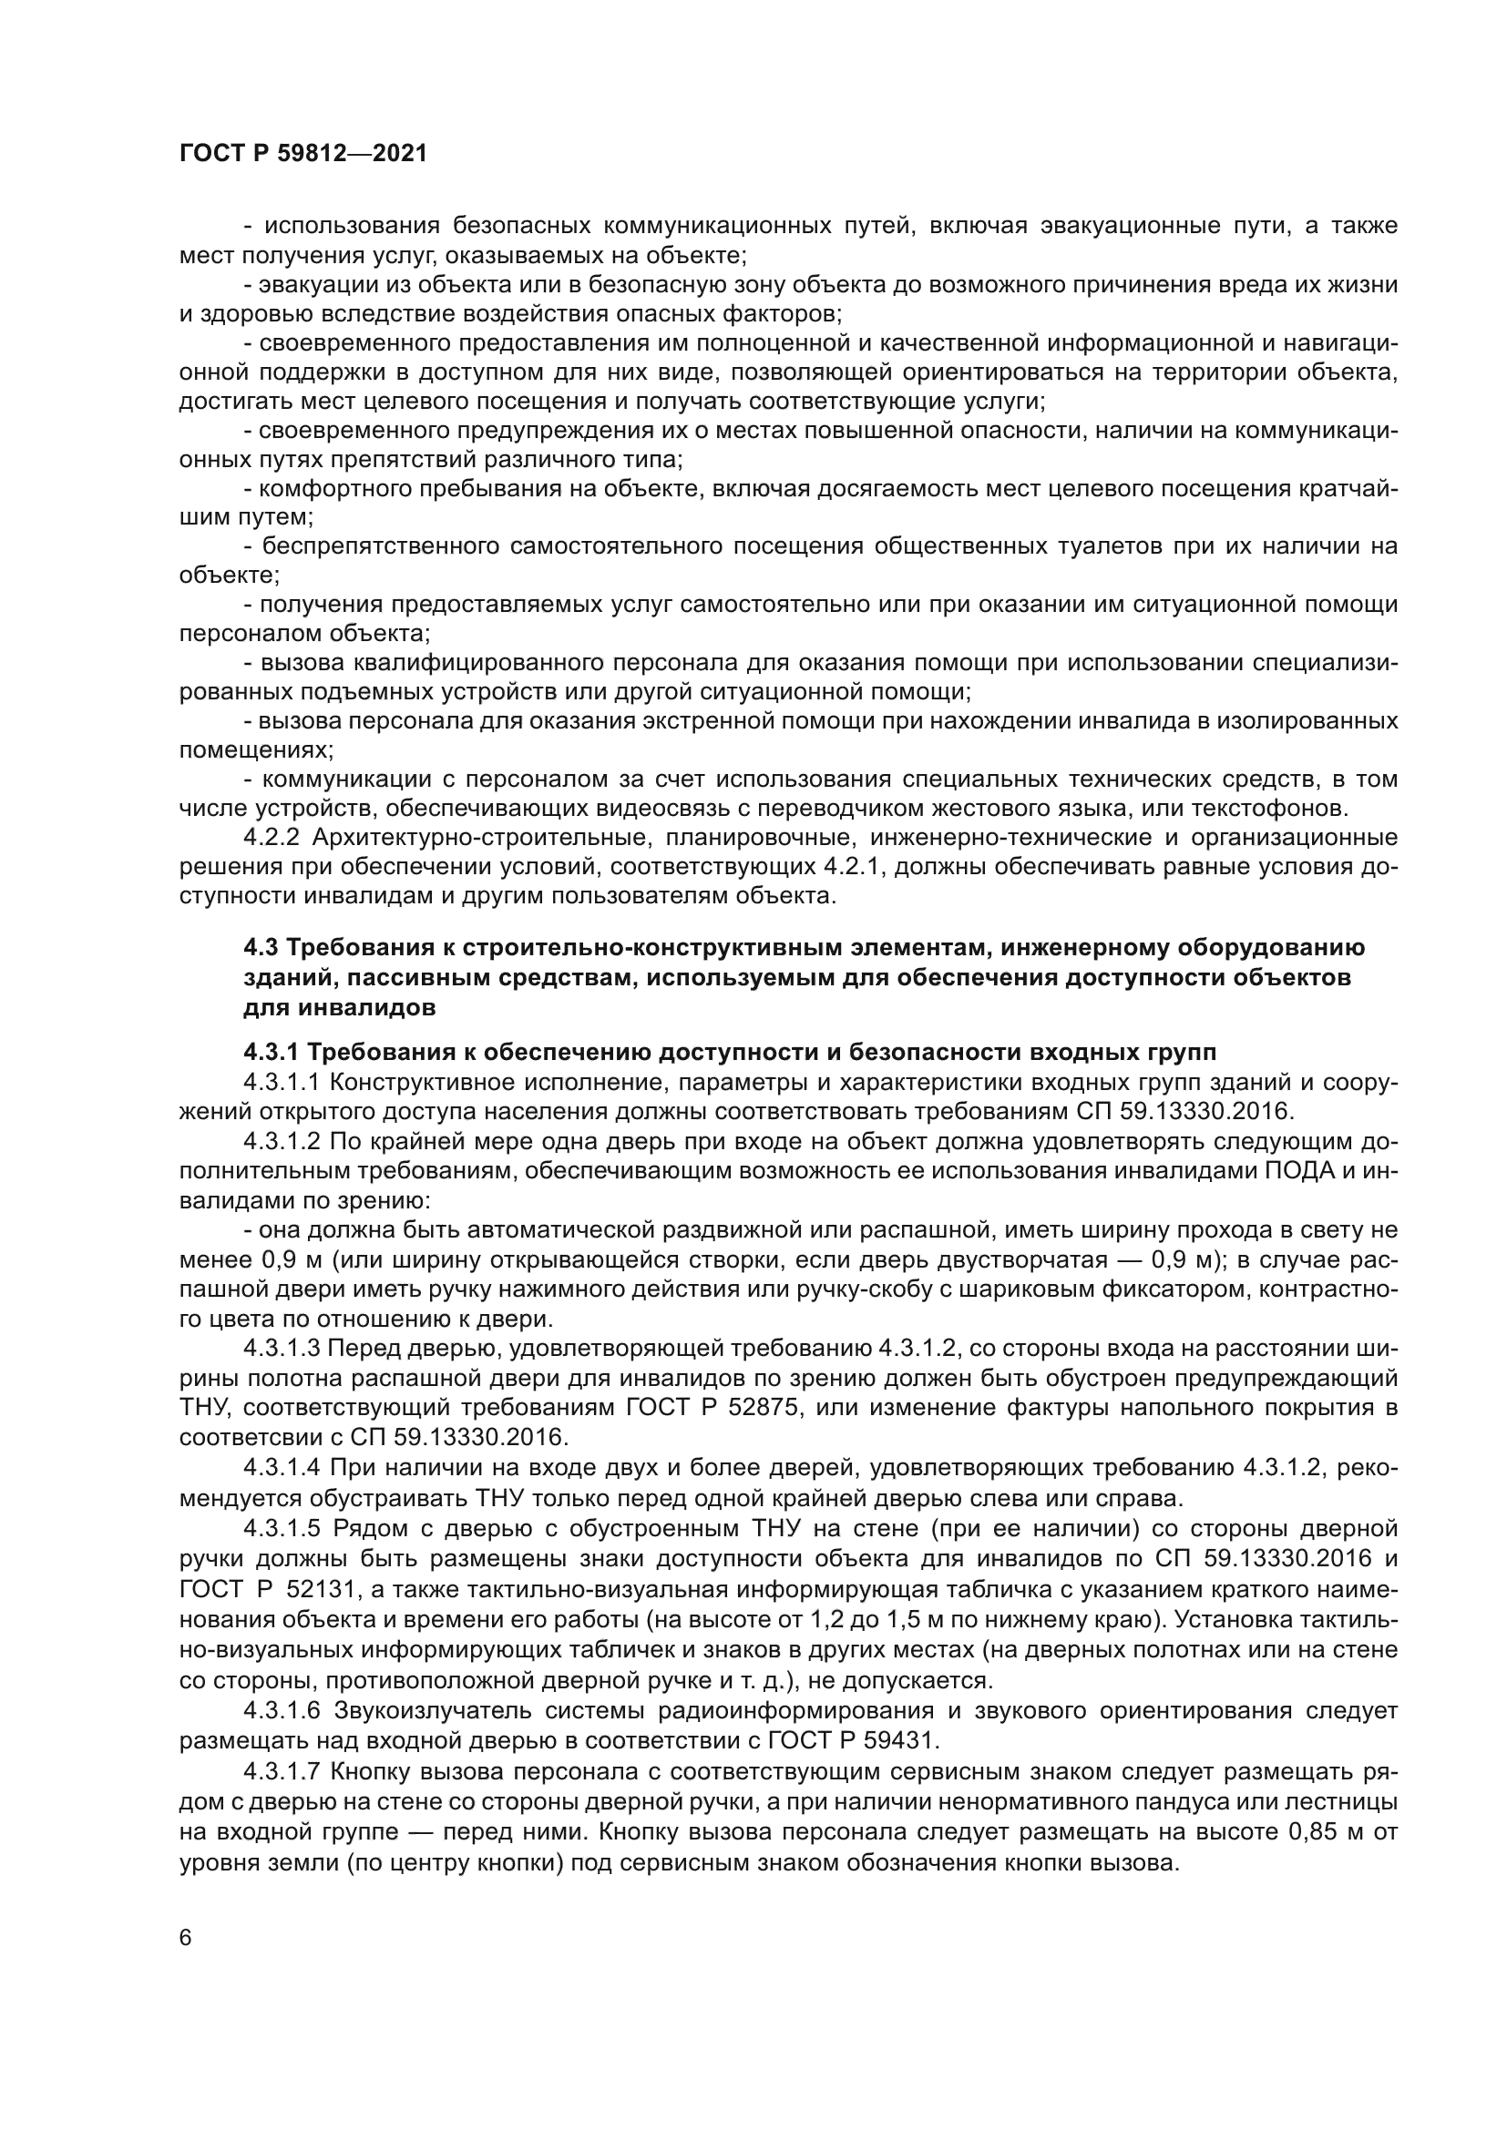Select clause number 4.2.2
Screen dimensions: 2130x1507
coord(272,838)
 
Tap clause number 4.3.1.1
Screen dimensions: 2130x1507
coord(282,1083)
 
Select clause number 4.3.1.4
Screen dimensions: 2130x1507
coord(282,1468)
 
